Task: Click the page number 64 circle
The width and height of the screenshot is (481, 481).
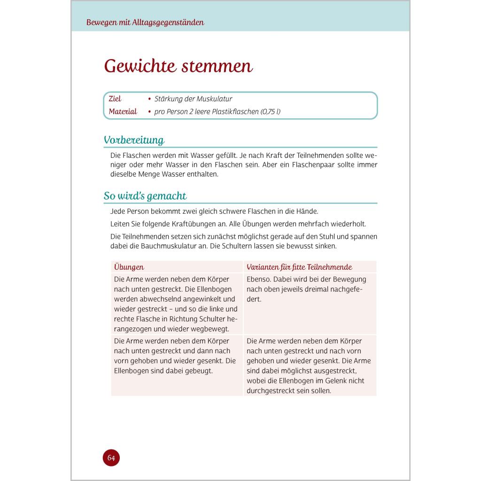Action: click(111, 458)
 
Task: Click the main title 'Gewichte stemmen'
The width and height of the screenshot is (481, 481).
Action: click(178, 66)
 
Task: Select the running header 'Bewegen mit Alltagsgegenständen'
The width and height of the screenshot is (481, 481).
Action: click(145, 23)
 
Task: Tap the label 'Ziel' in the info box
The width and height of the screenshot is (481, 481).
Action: click(115, 99)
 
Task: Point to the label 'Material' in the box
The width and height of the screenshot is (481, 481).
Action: click(123, 112)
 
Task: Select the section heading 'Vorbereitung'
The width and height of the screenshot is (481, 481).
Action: click(134, 140)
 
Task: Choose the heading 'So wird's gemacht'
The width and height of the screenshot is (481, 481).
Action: click(145, 196)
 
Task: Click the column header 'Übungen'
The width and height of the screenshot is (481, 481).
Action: click(129, 267)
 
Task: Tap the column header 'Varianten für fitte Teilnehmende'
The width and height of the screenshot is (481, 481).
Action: click(299, 267)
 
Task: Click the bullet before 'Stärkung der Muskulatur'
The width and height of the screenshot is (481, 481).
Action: click(149, 99)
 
